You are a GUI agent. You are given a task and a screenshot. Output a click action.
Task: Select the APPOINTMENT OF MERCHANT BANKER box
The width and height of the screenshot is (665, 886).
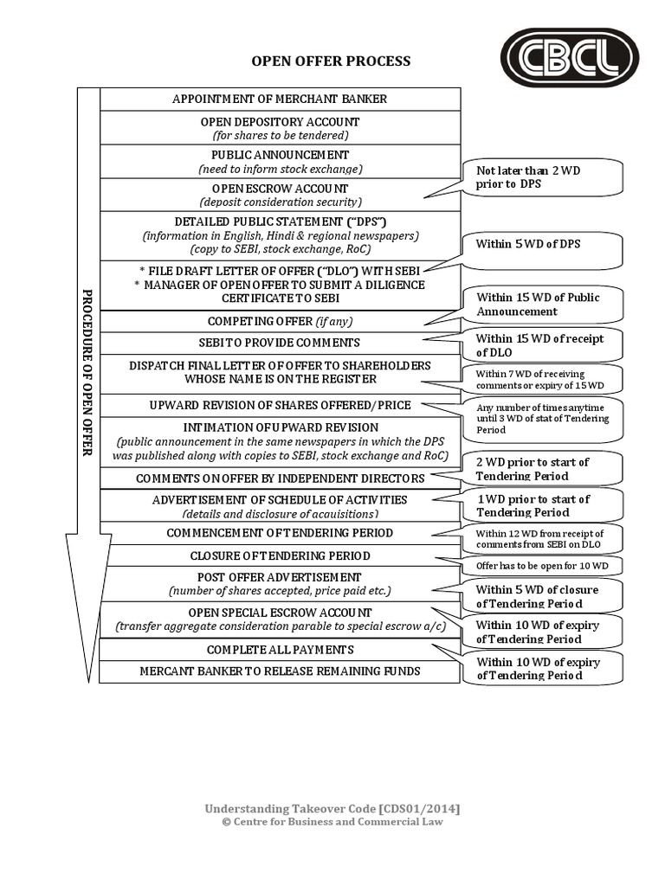280,99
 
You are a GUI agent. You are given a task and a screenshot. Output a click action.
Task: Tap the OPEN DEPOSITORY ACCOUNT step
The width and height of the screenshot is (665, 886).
280,128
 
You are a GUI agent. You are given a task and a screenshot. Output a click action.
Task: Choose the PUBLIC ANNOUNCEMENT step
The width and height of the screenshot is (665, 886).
280,162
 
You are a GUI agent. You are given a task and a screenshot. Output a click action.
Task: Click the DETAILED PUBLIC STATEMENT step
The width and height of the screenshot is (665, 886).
280,235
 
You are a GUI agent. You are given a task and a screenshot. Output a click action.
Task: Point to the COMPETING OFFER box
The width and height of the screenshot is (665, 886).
280,322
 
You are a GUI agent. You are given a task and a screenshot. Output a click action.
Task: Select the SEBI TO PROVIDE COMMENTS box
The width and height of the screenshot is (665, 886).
280,343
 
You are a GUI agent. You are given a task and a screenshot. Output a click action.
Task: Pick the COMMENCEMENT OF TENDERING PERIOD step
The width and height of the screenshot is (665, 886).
280,533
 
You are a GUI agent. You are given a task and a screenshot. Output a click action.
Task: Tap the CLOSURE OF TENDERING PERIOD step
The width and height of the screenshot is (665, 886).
280,555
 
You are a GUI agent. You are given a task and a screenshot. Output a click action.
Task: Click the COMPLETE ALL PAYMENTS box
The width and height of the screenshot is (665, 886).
280,650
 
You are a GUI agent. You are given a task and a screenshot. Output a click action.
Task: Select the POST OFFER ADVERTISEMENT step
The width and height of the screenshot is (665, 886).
280,583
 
